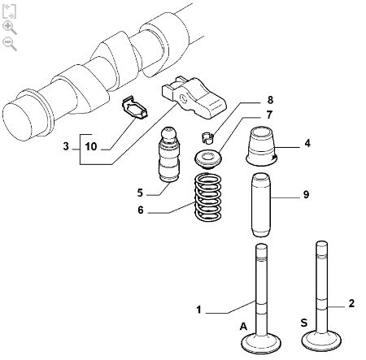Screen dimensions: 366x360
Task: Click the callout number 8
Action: (x=270, y=100)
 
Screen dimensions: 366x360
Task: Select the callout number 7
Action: (x=269, y=115)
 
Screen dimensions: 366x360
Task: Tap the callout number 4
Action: (x=307, y=143)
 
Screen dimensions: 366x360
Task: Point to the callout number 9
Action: (x=306, y=194)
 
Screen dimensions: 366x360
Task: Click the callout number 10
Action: (x=91, y=146)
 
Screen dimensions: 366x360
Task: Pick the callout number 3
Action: (x=66, y=146)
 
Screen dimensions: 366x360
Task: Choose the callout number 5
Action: (x=140, y=193)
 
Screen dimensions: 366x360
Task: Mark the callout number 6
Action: (x=141, y=210)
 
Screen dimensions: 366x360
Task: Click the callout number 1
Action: (x=199, y=310)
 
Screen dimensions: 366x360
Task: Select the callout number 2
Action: (x=351, y=303)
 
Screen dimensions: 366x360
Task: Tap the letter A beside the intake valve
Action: (x=244, y=327)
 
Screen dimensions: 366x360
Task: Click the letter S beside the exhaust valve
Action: (x=304, y=323)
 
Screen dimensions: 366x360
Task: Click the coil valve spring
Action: (x=208, y=197)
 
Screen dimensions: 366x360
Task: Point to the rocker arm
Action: (x=194, y=97)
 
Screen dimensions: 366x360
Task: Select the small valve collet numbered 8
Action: (x=207, y=137)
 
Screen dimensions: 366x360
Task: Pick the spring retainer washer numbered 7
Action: (x=208, y=159)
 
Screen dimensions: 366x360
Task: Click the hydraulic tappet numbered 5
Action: (x=168, y=154)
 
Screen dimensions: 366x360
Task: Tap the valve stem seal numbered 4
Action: (x=262, y=146)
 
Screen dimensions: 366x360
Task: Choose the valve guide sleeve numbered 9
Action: (x=260, y=205)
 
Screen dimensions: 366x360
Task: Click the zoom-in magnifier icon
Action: (x=9, y=28)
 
